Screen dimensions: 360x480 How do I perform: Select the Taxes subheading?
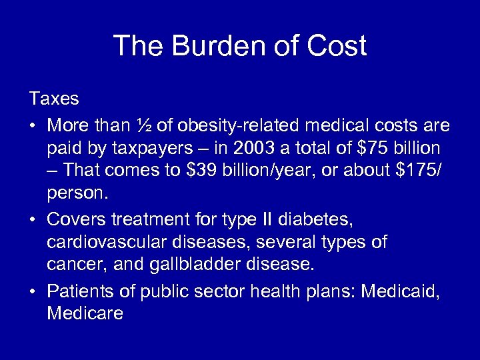click(x=54, y=99)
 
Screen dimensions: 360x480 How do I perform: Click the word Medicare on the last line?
click(x=85, y=313)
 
